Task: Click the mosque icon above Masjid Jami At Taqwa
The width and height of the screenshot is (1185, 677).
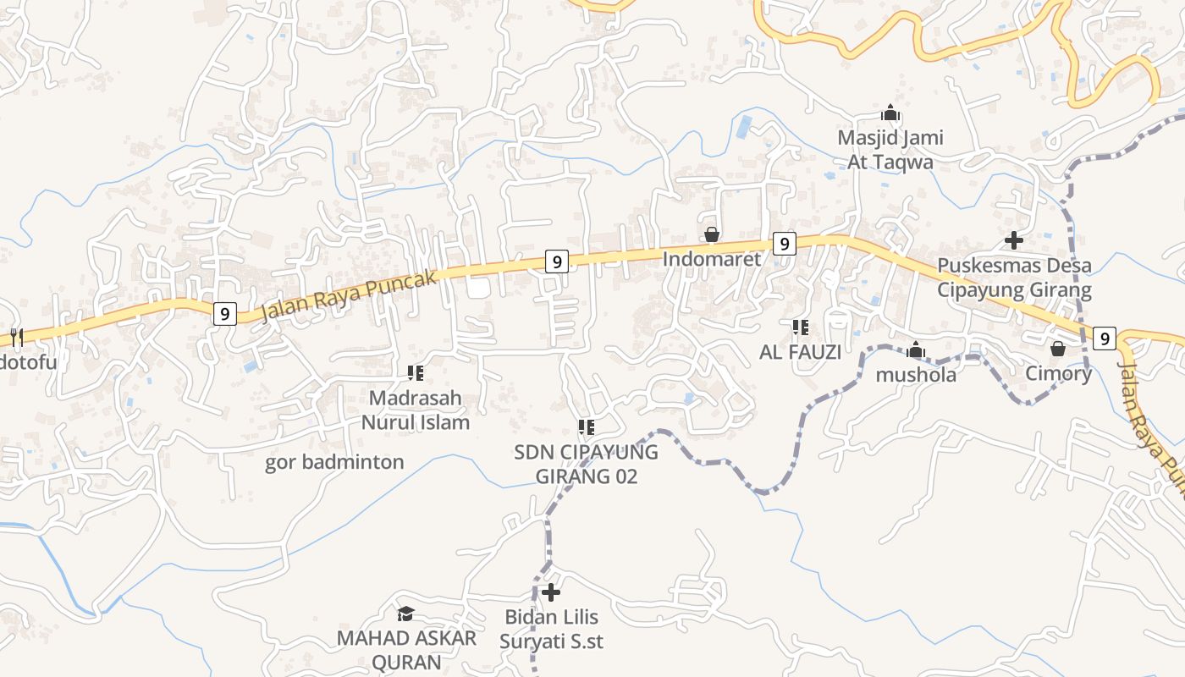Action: coord(890,113)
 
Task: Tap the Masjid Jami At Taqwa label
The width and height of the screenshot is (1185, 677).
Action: coord(890,150)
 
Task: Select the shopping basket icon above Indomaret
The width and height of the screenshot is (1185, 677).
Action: coord(712,234)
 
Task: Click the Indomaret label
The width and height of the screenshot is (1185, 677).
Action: coord(712,259)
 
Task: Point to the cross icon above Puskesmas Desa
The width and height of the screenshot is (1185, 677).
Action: coord(1014,240)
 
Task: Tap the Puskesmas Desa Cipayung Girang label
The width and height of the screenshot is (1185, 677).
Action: coord(1014,278)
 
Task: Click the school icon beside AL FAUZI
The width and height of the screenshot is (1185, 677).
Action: coord(800,327)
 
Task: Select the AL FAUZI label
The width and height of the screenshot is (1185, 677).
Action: coord(800,352)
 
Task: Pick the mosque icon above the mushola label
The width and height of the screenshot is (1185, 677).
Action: coord(916,350)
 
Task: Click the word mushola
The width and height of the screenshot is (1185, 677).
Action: coord(916,374)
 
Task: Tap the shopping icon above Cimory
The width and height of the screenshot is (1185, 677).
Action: coord(1058,349)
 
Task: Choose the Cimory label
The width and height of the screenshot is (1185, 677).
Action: coord(1058,373)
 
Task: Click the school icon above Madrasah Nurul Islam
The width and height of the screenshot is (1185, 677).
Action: coord(415,372)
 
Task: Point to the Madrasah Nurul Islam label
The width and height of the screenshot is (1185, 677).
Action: coord(415,410)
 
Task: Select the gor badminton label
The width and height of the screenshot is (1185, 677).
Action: coord(334,462)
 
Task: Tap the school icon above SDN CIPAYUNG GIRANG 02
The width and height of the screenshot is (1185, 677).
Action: coord(586,427)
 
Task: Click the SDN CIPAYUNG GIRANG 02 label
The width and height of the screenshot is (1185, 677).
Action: coord(586,464)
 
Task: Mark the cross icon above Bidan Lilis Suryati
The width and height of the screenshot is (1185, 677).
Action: coord(551,592)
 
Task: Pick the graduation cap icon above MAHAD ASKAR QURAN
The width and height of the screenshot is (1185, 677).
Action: coord(406,614)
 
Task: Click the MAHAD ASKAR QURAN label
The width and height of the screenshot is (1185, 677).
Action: coord(406,650)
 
